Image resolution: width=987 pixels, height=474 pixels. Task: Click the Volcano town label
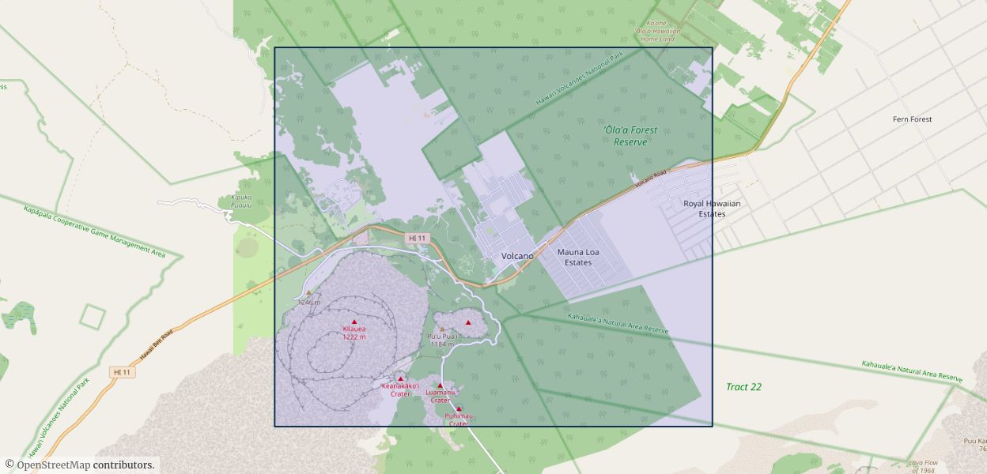pyautogui.click(x=517, y=256)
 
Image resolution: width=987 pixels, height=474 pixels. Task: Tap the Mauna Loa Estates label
pyautogui.click(x=578, y=258)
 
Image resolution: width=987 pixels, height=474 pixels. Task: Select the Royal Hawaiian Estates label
pyautogui.click(x=712, y=209)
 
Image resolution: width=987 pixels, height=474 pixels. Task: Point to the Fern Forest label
pyautogui.click(x=912, y=119)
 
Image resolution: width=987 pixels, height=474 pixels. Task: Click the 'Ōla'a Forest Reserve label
pyautogui.click(x=630, y=136)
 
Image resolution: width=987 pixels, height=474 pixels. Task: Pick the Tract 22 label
pyautogui.click(x=743, y=387)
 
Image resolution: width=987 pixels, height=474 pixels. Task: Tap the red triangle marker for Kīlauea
pyautogui.click(x=354, y=322)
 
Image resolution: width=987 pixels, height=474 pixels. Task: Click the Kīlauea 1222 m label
pyautogui.click(x=354, y=333)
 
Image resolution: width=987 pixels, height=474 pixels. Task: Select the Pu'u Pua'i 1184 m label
pyautogui.click(x=442, y=340)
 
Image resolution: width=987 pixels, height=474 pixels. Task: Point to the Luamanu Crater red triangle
pyautogui.click(x=441, y=386)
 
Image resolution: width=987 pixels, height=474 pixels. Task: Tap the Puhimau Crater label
pyautogui.click(x=458, y=419)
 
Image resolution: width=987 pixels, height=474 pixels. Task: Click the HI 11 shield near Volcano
pyautogui.click(x=417, y=238)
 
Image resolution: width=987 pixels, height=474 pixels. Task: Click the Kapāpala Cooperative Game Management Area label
pyautogui.click(x=94, y=231)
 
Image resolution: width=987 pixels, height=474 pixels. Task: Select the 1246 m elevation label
pyautogui.click(x=309, y=303)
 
